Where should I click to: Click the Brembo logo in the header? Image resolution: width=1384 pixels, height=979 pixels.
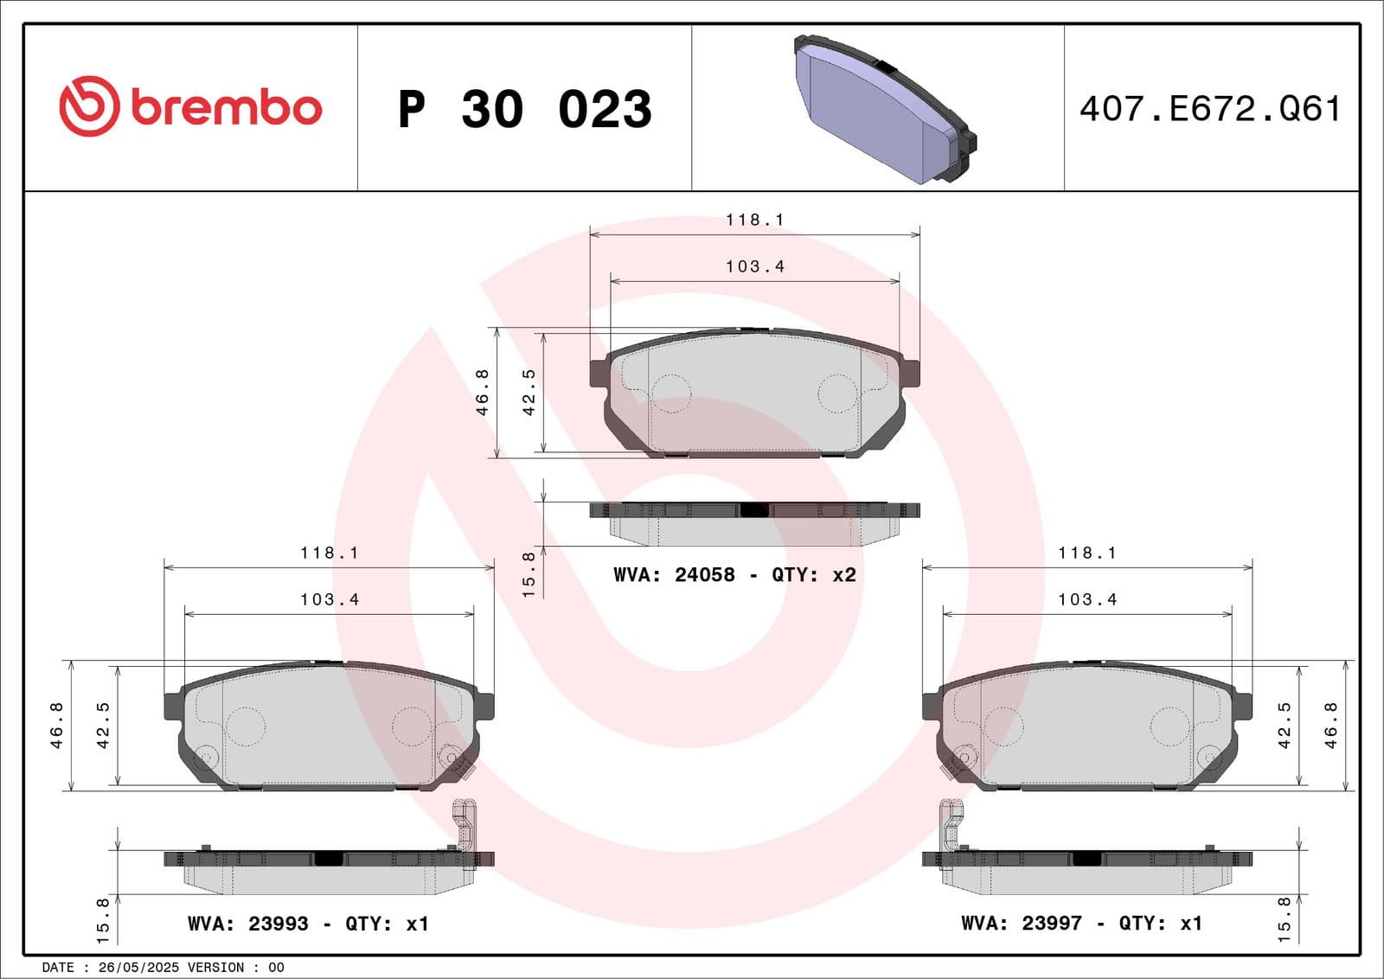(x=190, y=106)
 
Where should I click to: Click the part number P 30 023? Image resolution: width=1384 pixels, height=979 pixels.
(x=524, y=109)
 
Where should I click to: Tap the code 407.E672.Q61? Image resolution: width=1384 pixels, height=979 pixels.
(x=1210, y=109)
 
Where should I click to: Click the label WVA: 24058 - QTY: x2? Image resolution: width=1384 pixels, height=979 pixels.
(x=734, y=575)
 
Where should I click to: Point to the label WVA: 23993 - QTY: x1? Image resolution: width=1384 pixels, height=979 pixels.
(x=308, y=924)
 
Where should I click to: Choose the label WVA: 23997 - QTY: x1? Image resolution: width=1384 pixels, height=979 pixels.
(x=1081, y=924)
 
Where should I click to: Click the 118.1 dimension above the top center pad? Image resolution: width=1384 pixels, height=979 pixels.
(x=754, y=220)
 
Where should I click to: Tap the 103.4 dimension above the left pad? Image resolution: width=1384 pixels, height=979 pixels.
(x=330, y=599)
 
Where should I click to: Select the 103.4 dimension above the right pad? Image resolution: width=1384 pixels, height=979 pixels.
(x=1087, y=599)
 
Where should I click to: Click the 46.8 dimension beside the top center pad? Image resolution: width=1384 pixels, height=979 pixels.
(x=483, y=392)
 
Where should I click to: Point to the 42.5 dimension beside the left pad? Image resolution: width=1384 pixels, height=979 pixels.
(x=103, y=725)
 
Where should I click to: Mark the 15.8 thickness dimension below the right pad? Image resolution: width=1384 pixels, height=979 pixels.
(x=1284, y=919)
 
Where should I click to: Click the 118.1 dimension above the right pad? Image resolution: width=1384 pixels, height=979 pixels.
(x=1087, y=553)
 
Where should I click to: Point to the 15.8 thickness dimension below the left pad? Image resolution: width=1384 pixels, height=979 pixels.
(x=103, y=919)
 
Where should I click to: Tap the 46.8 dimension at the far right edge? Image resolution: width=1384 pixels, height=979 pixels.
(x=1330, y=725)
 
